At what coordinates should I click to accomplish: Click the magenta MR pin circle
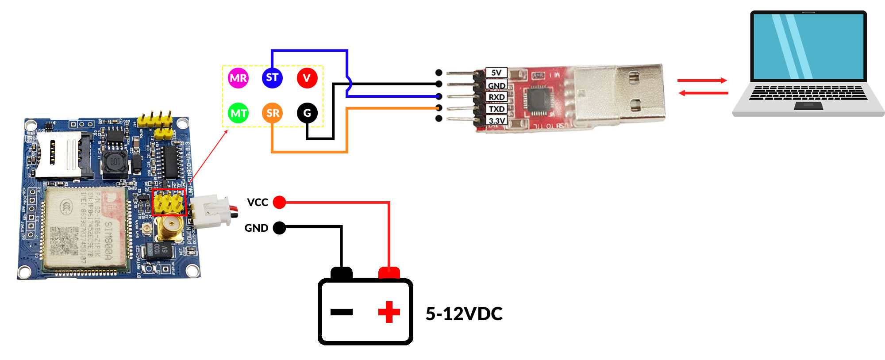click(x=238, y=78)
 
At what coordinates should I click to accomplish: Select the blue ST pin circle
click(x=272, y=78)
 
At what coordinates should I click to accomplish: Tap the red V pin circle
click(x=307, y=78)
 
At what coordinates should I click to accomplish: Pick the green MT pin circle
click(x=239, y=113)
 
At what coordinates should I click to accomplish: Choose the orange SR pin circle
click(x=273, y=113)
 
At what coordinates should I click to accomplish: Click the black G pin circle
click(x=307, y=113)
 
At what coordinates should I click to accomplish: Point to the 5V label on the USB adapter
click(x=496, y=73)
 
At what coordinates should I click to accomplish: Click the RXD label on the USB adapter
click(x=496, y=97)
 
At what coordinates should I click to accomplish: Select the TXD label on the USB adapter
click(x=496, y=109)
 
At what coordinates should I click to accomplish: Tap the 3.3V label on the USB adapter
click(x=496, y=120)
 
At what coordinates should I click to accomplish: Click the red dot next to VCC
click(x=279, y=202)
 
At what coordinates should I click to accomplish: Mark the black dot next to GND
click(x=279, y=228)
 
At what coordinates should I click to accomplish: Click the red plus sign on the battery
click(x=389, y=312)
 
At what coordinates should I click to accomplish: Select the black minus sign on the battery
click(x=341, y=312)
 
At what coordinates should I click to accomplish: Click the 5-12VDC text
click(x=464, y=314)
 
